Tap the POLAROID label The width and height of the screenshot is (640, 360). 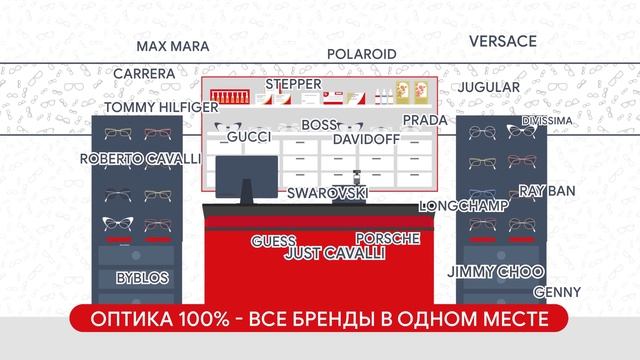362,54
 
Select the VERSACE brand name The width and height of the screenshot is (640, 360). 503,42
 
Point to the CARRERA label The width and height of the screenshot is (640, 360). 144,74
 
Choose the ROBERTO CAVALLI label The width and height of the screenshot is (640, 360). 140,159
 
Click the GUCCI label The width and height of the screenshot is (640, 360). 249,137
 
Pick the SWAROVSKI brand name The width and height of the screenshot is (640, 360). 327,192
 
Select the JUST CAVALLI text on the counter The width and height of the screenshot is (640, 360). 335,254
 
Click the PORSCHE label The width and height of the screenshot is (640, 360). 387,239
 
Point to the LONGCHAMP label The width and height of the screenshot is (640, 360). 464,206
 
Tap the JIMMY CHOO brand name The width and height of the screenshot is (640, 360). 495,272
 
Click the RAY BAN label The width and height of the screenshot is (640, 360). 547,190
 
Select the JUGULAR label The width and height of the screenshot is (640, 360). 489,87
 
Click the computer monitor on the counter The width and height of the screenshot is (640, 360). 240,176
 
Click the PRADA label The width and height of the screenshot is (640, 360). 424,120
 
